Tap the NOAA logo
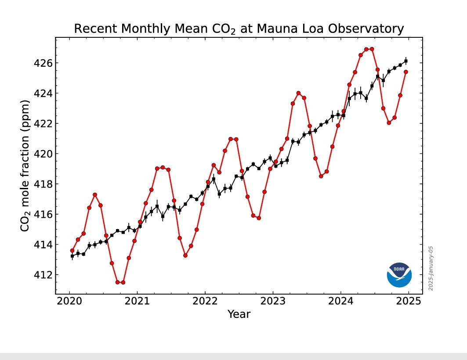pyautogui.click(x=399, y=275)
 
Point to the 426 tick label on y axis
pyautogui.click(x=43, y=63)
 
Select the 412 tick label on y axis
pyautogui.click(x=43, y=275)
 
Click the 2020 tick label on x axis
pyautogui.click(x=69, y=302)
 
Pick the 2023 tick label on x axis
pyautogui.click(x=273, y=302)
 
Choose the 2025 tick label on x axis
pyautogui.click(x=408, y=302)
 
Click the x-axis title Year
pyautogui.click(x=239, y=314)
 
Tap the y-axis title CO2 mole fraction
pyautogui.click(x=25, y=166)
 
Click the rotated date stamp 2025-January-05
pyautogui.click(x=431, y=268)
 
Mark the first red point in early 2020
pyautogui.click(x=72, y=251)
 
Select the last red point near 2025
pyautogui.click(x=406, y=72)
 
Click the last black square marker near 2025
pyautogui.click(x=406, y=61)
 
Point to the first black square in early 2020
pyautogui.click(x=72, y=256)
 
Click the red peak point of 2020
pyautogui.click(x=95, y=194)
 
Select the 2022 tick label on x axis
pyautogui.click(x=205, y=302)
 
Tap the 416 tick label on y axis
pyautogui.click(x=43, y=214)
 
